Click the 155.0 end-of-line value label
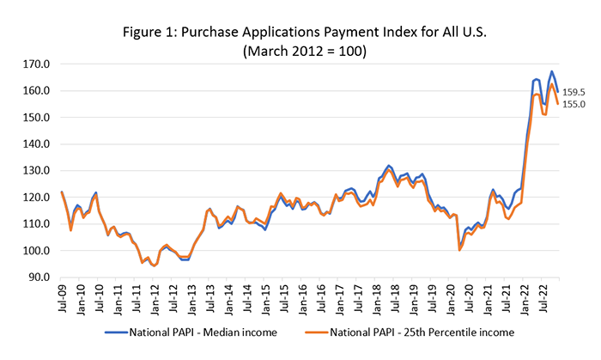[574, 105]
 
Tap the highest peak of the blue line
[551, 71]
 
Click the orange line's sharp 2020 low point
[460, 250]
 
